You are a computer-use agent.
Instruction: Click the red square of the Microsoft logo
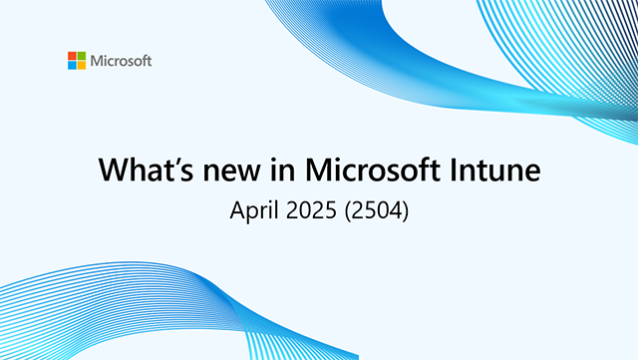pos(72,56)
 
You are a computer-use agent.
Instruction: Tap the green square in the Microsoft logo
pos(81,56)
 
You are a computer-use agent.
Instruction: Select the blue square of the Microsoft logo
pos(72,65)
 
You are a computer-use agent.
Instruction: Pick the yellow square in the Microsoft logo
pos(81,65)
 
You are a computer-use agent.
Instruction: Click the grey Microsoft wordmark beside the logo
pos(121,61)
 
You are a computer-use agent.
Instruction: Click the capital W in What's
pos(113,170)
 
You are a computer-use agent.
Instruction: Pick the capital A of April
pos(237,210)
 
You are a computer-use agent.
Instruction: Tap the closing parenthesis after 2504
pos(409,211)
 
